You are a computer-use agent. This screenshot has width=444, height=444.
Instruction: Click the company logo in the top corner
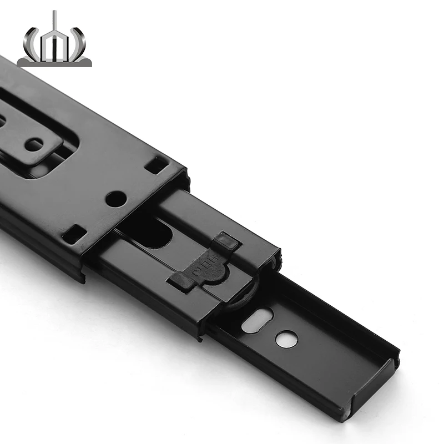pos(54,41)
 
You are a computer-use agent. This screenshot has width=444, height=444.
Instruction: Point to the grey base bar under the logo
pos(54,62)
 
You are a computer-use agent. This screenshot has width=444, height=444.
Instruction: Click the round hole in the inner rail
pos(286,339)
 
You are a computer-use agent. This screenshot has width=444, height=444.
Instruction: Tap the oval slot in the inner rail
pos(257,320)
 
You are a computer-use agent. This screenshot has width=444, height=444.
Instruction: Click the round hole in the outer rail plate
pos(115,199)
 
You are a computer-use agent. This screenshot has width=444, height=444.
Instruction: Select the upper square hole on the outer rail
pos(157,164)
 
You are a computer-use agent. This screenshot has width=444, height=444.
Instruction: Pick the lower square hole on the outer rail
pos(74,234)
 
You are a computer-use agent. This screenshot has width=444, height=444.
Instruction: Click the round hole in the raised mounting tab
pos(34,145)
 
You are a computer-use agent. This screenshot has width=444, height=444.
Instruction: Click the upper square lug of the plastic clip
pos(226,241)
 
